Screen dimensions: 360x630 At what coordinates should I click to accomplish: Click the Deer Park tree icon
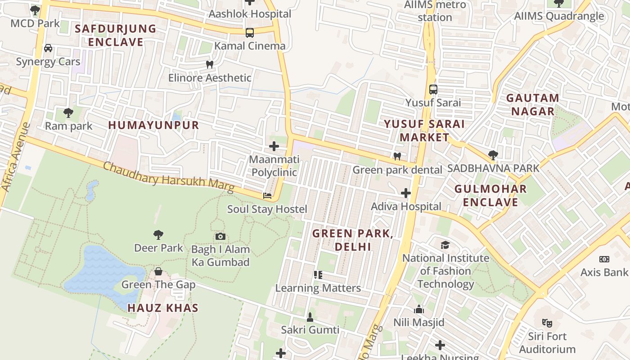click(158, 234)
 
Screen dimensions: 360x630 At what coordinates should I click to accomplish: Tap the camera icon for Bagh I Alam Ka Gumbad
click(220, 236)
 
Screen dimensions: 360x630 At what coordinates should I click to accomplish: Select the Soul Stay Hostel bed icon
click(267, 196)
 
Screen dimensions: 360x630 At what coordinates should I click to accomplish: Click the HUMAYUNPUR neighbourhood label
click(153, 125)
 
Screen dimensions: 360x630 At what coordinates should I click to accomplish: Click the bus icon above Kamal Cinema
click(250, 33)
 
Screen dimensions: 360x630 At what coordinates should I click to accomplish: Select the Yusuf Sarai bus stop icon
click(433, 89)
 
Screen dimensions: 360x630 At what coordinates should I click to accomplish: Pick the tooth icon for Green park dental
click(397, 157)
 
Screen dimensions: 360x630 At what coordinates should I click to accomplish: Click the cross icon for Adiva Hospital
click(406, 193)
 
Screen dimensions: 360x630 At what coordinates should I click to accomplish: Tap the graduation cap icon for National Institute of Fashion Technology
click(445, 245)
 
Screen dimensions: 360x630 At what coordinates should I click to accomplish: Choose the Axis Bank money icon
click(604, 259)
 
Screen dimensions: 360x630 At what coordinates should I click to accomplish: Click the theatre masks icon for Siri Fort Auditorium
click(547, 323)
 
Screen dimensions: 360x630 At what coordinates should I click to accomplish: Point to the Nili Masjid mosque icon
click(419, 309)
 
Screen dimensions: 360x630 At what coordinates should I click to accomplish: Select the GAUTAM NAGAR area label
click(532, 104)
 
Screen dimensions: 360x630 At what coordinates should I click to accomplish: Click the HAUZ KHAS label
click(163, 308)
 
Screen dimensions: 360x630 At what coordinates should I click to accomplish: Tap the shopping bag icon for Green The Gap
click(158, 271)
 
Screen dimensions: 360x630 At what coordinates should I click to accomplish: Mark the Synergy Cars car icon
click(48, 48)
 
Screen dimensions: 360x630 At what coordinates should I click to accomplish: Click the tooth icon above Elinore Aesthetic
click(209, 64)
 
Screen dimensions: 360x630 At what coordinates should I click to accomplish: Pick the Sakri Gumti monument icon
click(310, 317)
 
